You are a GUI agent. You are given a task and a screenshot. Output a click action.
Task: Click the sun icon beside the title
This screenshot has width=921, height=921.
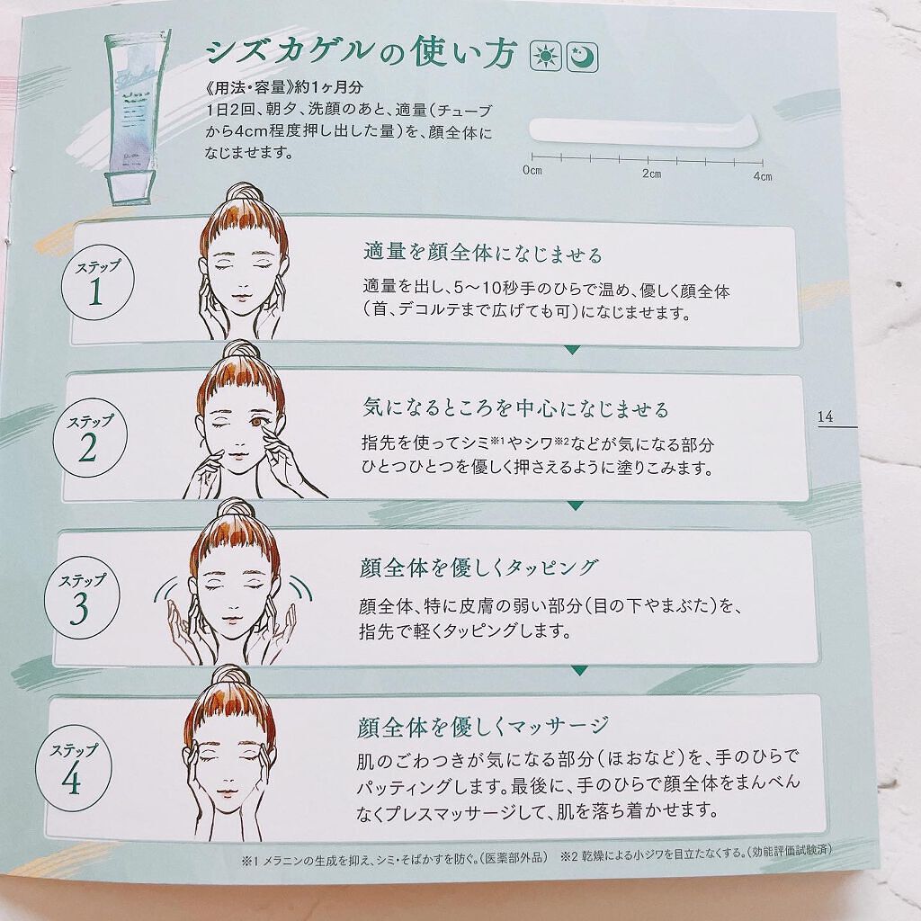click(x=546, y=57)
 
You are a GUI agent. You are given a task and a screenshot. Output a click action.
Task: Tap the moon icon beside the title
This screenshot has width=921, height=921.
click(x=582, y=57)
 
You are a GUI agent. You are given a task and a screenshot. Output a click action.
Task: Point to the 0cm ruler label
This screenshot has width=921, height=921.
click(x=532, y=170)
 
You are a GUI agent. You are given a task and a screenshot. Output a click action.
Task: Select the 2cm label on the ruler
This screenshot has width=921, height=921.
click(x=651, y=174)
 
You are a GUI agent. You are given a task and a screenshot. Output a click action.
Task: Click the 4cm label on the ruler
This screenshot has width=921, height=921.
click(x=763, y=176)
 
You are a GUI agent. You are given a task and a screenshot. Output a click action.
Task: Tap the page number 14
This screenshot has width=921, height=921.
click(x=826, y=416)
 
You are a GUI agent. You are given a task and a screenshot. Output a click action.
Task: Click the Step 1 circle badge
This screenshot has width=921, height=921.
click(x=97, y=282)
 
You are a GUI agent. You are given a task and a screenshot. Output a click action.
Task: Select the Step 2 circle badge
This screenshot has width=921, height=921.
click(x=90, y=438)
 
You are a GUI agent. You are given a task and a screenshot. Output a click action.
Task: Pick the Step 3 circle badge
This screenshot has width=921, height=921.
click(x=82, y=595)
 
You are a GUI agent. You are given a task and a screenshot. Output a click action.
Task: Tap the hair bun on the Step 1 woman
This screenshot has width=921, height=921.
click(x=243, y=195)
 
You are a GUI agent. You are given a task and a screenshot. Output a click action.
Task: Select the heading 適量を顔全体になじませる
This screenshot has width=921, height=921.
click(x=483, y=253)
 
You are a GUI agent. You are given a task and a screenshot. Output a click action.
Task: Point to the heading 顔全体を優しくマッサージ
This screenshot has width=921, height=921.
click(x=483, y=727)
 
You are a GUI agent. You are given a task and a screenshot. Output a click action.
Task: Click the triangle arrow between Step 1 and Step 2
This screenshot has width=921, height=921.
click(x=572, y=350)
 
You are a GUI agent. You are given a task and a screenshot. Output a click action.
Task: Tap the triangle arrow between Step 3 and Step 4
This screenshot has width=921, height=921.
click(x=580, y=671)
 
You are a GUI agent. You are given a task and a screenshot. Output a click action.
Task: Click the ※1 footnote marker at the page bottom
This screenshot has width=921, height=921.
click(x=250, y=861)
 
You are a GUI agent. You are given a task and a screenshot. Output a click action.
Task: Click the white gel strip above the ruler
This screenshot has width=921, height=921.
click(x=644, y=131)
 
